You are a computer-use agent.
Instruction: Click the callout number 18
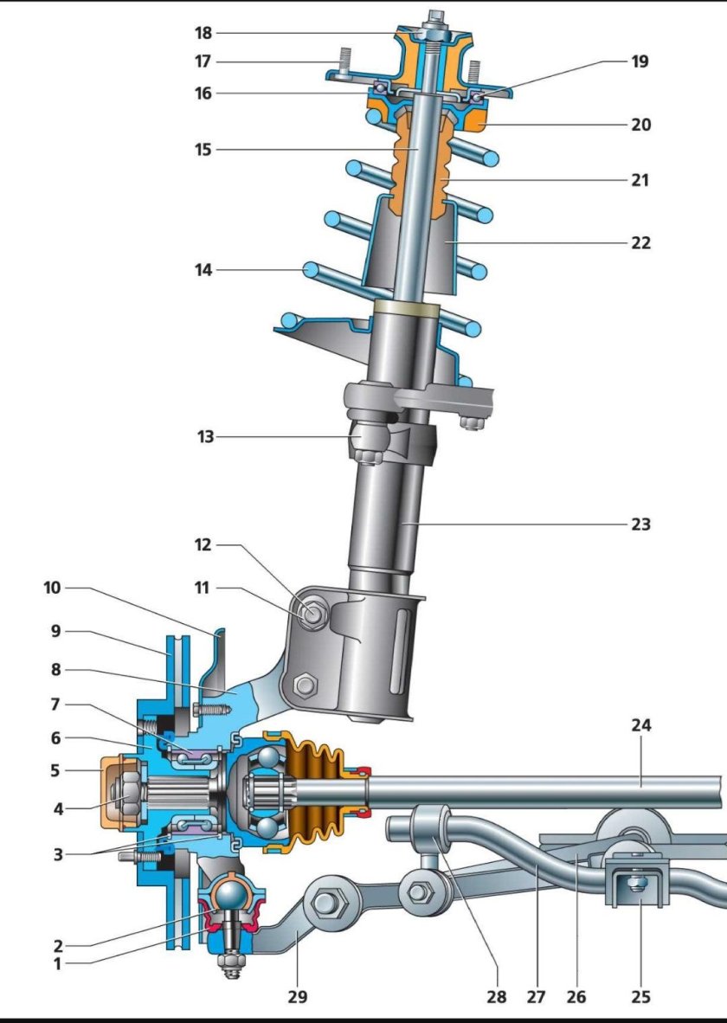203,33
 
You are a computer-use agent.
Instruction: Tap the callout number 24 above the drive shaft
640,725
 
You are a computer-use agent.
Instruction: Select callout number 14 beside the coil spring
203,269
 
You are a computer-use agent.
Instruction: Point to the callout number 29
297,996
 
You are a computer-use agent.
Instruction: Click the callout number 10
52,587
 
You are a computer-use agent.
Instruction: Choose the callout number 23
640,524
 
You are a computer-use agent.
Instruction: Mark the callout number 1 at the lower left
57,963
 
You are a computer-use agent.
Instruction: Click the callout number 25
640,996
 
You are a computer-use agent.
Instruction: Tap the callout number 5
55,770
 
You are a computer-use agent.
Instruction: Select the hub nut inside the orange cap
124,792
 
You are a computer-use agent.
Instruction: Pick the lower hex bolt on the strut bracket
305,685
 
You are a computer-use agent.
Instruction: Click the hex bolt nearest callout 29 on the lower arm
324,904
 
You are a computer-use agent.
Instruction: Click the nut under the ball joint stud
228,962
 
